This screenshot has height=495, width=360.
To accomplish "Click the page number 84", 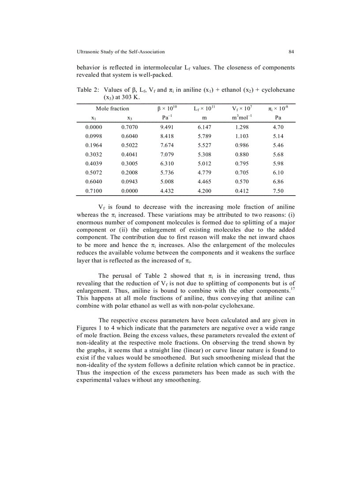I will [x=291, y=52].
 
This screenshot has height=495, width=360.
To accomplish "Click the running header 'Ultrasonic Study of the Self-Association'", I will [x=120, y=52].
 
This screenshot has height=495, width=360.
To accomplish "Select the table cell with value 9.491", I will [x=167, y=127].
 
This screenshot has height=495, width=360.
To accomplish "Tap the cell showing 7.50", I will [x=278, y=191].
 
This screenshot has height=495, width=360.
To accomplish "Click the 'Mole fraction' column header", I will [x=112, y=108].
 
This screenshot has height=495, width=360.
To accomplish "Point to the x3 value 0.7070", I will [x=129, y=127].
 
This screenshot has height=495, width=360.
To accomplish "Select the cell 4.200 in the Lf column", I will [x=204, y=191].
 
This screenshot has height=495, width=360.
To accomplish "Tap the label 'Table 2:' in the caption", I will [x=88, y=90].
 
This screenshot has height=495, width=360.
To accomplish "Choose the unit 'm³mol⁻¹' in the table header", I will [x=242, y=118].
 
